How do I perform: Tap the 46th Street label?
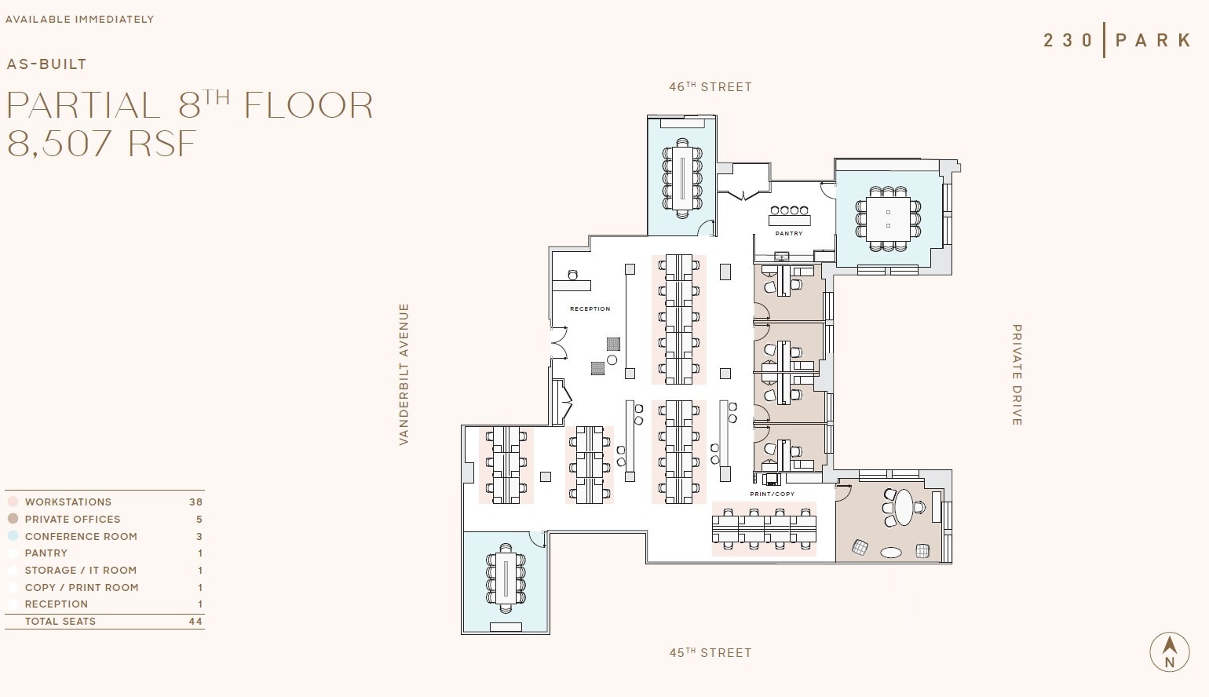click(x=710, y=86)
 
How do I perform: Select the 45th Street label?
click(x=710, y=652)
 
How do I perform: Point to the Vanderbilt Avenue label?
click(x=404, y=374)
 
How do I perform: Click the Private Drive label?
click(x=1017, y=374)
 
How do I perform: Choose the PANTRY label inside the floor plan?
click(x=789, y=233)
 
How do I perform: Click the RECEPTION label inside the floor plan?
click(x=590, y=308)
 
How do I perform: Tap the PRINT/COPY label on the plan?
click(x=772, y=494)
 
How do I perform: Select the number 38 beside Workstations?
click(x=195, y=502)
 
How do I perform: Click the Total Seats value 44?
click(x=195, y=621)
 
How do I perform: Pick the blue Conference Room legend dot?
click(x=13, y=536)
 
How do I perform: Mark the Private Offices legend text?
click(x=72, y=519)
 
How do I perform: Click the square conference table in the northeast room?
click(x=888, y=219)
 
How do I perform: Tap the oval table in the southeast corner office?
click(x=904, y=507)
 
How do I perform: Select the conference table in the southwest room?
click(x=506, y=582)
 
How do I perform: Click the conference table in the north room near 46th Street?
click(x=681, y=177)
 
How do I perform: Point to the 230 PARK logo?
click(x=1116, y=40)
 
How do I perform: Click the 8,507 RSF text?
click(x=101, y=144)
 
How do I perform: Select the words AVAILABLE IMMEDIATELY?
click(x=79, y=19)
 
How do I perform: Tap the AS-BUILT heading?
click(x=46, y=64)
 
